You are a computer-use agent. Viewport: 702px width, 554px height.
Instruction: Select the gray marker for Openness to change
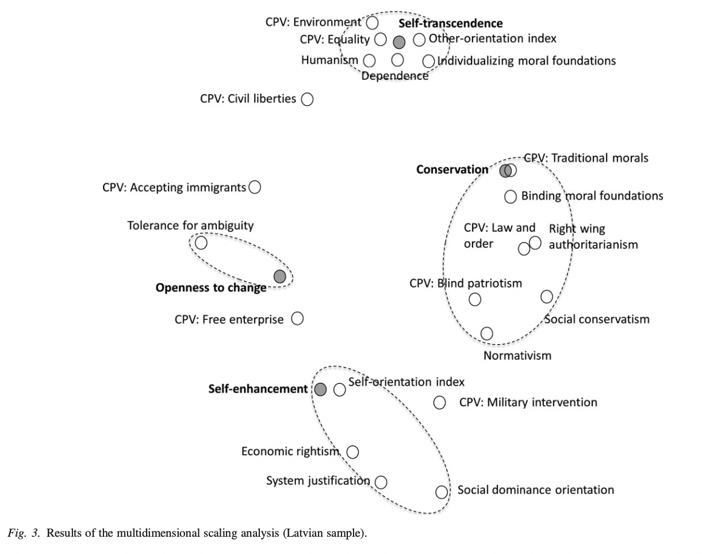click(x=279, y=276)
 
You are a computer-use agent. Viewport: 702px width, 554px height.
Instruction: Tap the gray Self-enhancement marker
click(x=321, y=389)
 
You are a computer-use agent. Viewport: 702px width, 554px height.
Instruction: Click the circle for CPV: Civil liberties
click(x=308, y=99)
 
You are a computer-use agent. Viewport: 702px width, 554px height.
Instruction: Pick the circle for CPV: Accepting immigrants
click(x=255, y=187)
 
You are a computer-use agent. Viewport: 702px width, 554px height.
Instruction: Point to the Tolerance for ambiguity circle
click(x=201, y=243)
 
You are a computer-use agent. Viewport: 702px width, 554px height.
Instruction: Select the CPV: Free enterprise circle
click(x=297, y=318)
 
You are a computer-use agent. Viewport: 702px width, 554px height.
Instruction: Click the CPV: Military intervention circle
click(x=440, y=402)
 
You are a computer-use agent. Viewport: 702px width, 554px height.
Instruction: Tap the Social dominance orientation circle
click(x=442, y=492)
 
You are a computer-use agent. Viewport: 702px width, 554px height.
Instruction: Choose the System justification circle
click(x=381, y=482)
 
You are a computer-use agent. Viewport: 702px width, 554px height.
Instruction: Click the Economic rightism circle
click(x=353, y=452)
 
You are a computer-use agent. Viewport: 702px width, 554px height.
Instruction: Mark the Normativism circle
click(x=486, y=333)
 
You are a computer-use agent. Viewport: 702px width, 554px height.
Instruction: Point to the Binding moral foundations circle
click(x=511, y=197)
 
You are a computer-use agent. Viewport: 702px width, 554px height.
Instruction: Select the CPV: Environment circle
click(x=373, y=22)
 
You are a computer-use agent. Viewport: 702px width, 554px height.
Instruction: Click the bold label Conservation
click(x=452, y=170)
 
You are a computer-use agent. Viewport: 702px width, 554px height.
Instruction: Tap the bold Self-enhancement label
click(x=258, y=389)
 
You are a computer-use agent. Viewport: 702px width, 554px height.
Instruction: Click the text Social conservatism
click(x=597, y=320)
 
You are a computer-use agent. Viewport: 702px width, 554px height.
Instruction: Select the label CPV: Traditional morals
click(x=586, y=157)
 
